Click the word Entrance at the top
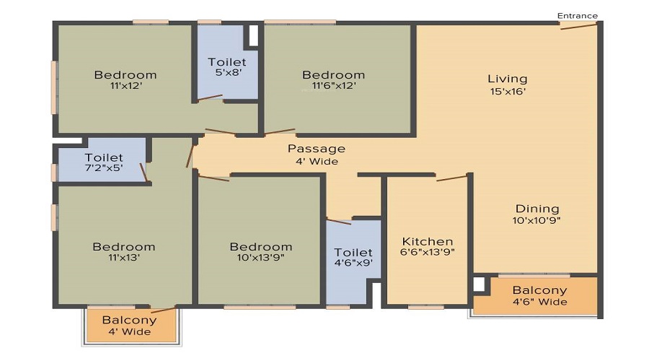(578, 16)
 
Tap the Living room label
(508, 79)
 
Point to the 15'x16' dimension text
(508, 92)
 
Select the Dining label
(537, 209)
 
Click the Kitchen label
(428, 241)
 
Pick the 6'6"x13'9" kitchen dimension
(428, 252)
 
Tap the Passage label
(317, 149)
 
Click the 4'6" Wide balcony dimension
(540, 302)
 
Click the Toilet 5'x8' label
(227, 67)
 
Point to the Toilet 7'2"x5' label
(104, 162)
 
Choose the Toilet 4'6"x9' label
(353, 257)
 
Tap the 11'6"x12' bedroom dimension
(334, 86)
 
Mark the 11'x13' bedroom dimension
(124, 257)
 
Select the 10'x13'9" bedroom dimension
(261, 257)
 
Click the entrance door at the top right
(578, 26)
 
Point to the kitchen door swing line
(451, 178)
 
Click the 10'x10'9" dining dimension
(537, 220)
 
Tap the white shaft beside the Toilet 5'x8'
(253, 35)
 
